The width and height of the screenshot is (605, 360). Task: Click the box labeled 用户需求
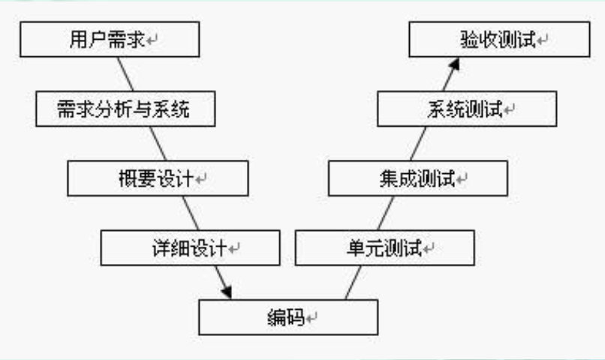110,38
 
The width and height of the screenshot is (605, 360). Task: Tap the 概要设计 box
147,178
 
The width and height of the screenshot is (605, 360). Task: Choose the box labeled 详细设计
190,247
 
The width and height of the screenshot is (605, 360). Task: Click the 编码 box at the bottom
288,317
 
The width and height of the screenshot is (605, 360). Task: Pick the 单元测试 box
384,247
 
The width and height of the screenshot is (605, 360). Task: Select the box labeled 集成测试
418,178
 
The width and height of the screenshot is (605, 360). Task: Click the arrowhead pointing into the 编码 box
225,292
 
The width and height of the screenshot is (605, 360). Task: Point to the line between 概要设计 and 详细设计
190,213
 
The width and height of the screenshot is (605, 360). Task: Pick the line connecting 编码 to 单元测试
352,283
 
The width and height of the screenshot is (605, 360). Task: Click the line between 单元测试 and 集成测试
385,213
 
